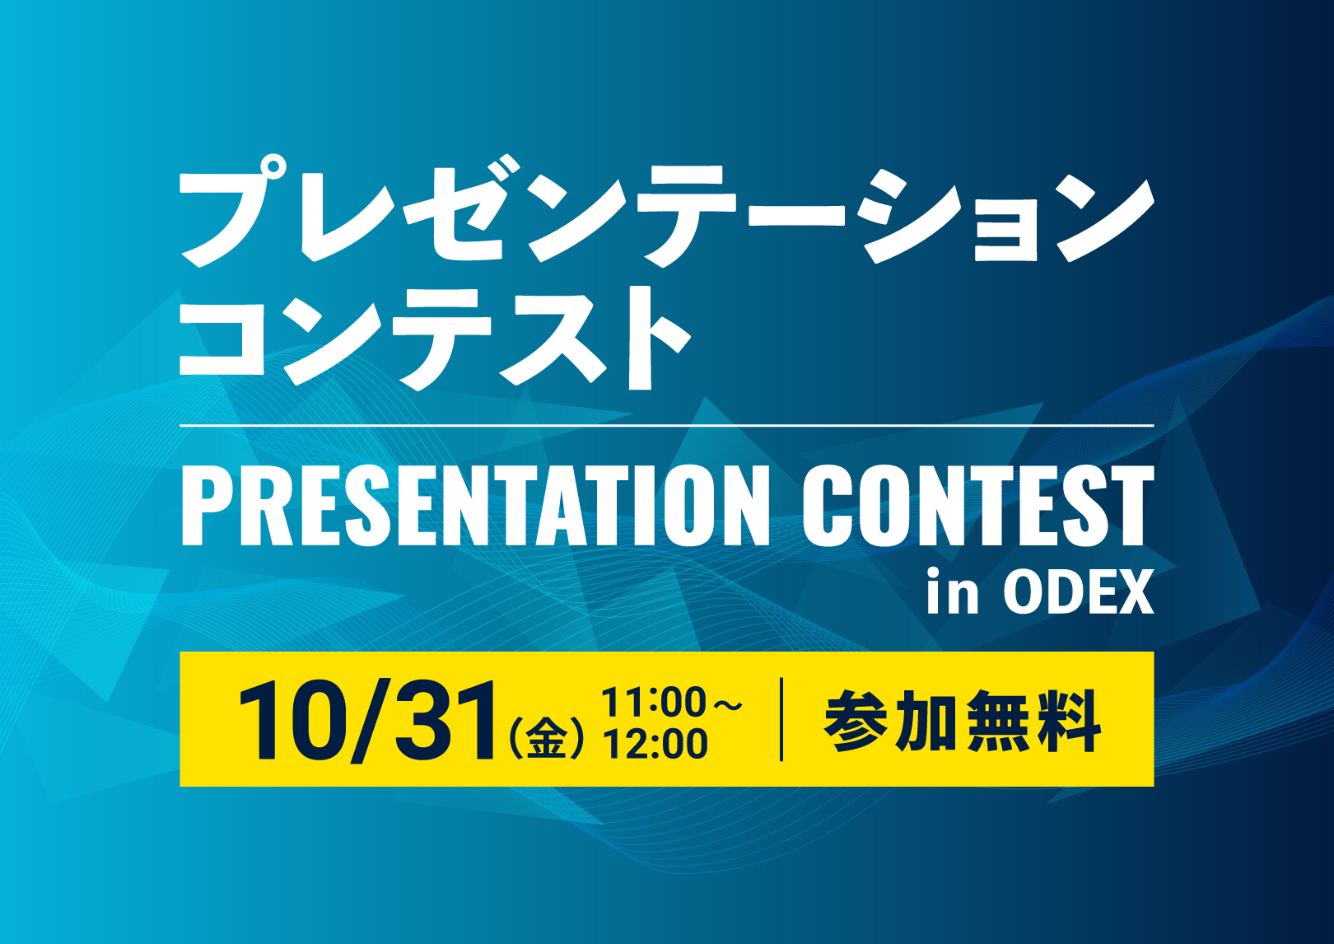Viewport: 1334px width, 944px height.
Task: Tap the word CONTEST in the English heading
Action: coord(978,506)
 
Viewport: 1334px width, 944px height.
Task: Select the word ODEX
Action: coord(1079,592)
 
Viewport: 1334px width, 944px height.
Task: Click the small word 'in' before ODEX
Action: coord(952,591)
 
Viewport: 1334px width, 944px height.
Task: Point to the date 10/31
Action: coord(367,722)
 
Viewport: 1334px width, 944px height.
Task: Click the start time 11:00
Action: coord(654,702)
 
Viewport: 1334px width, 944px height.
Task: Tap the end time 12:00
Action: coord(655,744)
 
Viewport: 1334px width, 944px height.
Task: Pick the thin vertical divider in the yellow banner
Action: coord(781,719)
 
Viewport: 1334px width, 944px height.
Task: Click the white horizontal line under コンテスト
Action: coord(667,426)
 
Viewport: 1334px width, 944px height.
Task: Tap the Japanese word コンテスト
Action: coord(435,339)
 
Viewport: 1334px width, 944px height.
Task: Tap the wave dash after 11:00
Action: coord(727,705)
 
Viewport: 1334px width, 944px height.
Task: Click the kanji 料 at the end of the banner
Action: coord(1069,722)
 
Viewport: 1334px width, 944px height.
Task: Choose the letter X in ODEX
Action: coord(1134,592)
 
